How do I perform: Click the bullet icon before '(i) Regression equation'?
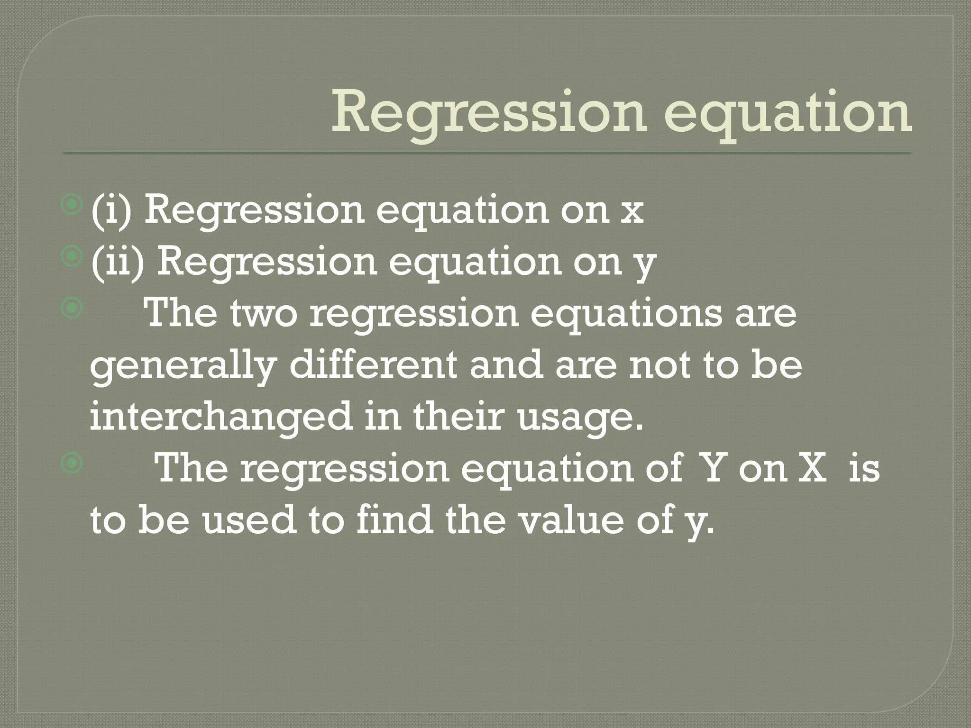(72, 205)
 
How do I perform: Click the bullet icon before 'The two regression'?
(72, 309)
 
